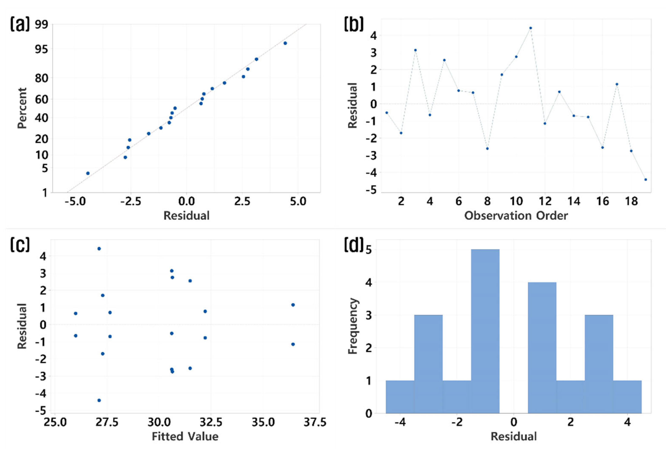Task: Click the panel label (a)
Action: coord(20,24)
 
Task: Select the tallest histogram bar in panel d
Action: coord(485,331)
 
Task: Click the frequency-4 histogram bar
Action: coord(542,347)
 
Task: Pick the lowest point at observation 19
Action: coord(645,180)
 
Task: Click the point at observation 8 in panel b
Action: coord(487,148)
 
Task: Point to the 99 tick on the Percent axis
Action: coord(42,25)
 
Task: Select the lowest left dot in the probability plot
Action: coord(88,173)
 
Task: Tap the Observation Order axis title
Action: coord(516,216)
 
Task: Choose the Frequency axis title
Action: coord(353,326)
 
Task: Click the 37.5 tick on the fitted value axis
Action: coord(315,422)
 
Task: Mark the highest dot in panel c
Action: coord(99,249)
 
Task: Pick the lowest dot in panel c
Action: coord(99,400)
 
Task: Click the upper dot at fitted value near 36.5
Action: coord(293,305)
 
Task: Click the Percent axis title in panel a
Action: coord(22,108)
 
